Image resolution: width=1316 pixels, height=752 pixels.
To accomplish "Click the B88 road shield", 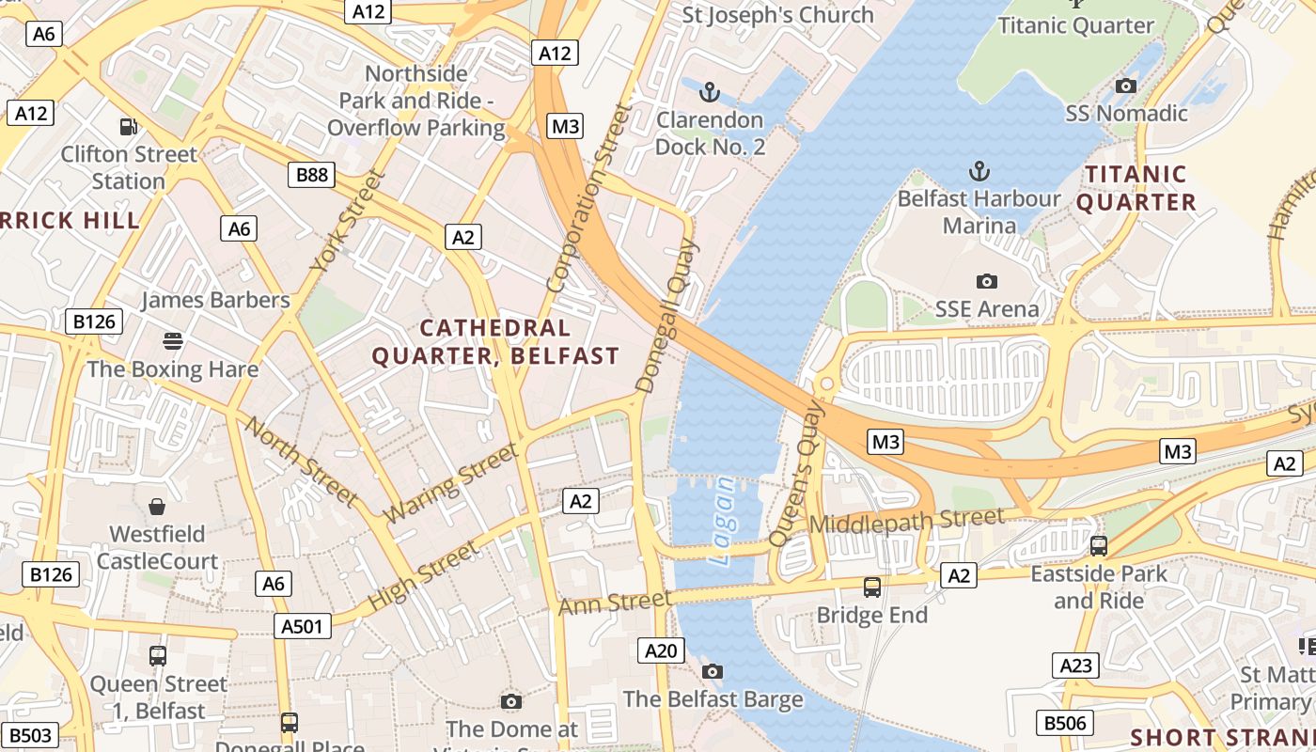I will (311, 174).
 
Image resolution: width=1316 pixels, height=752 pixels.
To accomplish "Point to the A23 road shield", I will (1075, 666).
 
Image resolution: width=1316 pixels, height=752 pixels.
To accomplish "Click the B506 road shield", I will (1065, 723).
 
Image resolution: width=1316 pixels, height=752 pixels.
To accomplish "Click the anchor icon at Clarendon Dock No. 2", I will (710, 92).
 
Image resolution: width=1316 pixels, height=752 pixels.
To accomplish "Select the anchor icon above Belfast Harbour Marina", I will (979, 171).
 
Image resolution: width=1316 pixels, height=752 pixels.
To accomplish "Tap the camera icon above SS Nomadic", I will (1125, 86).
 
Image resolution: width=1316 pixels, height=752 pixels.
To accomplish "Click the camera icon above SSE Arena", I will (986, 281).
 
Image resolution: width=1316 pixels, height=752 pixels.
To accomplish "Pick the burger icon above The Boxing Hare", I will (172, 340).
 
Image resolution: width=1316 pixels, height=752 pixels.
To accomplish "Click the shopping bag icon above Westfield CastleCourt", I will (157, 507).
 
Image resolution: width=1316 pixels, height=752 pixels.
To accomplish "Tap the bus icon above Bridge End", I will (872, 587).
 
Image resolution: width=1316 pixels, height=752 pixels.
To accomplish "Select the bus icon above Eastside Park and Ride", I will (1098, 545).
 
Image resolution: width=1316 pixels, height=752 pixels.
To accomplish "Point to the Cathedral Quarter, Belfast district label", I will (495, 342).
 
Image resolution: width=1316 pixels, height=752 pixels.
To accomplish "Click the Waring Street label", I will (452, 483).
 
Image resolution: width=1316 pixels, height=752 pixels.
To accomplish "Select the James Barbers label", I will (215, 300).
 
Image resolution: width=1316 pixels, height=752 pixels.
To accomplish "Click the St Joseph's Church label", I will (777, 15).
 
